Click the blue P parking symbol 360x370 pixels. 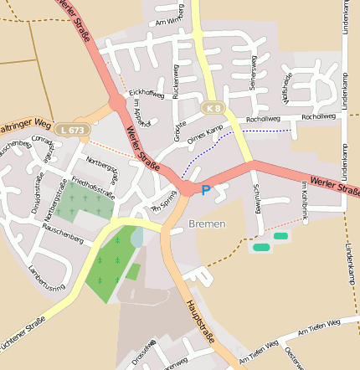point(205,191)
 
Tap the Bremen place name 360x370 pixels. point(207,224)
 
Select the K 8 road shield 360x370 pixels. point(214,108)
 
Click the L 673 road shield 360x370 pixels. point(71,130)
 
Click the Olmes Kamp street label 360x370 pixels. point(204,133)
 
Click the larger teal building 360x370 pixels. point(261,247)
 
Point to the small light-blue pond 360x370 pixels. point(136,238)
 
